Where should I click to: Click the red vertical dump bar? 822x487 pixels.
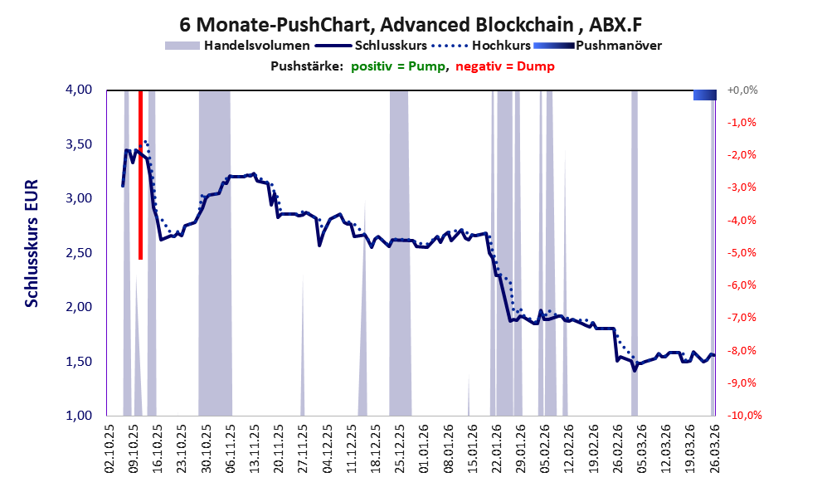[140, 175]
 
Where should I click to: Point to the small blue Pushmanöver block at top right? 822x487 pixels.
[703, 95]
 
